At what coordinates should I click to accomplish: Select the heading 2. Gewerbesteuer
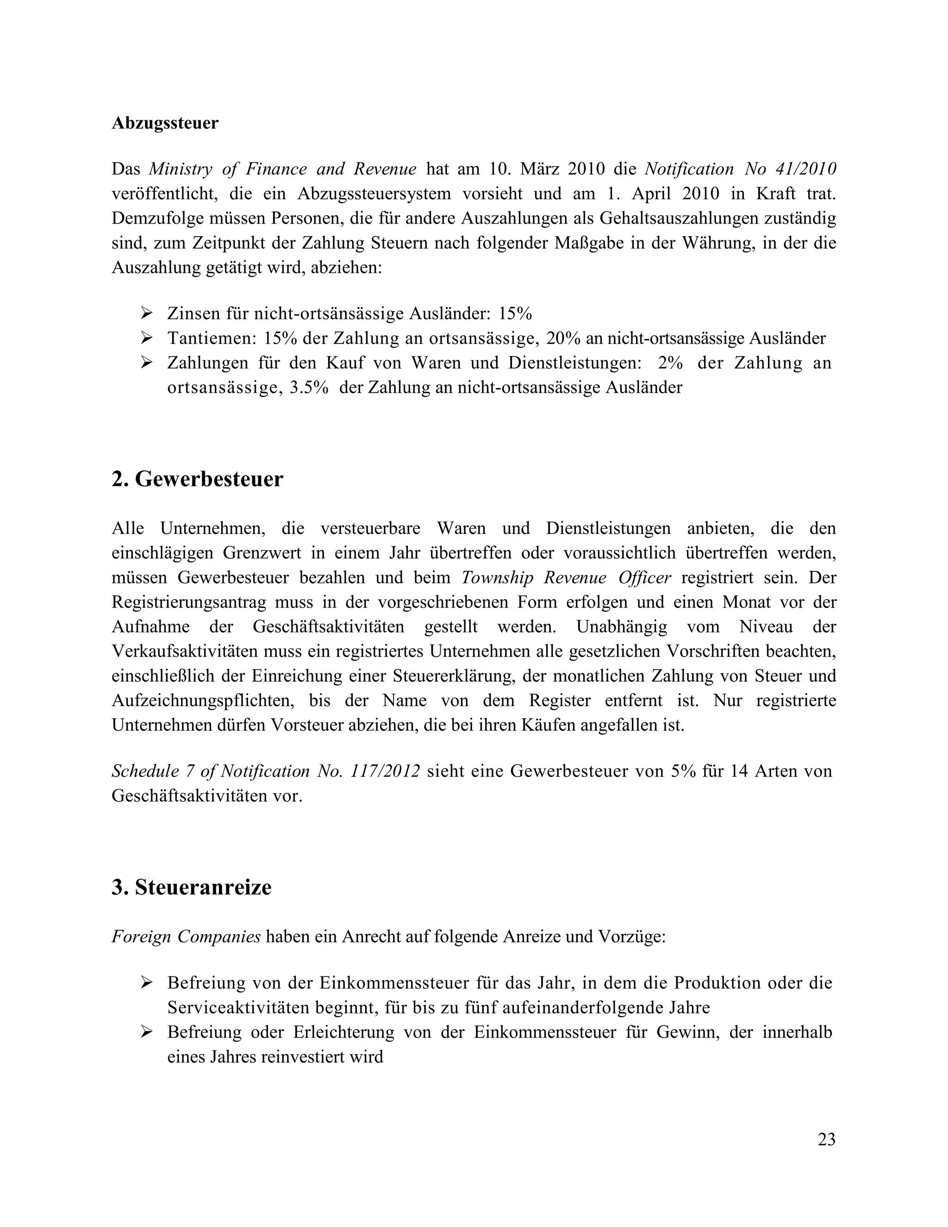tap(197, 479)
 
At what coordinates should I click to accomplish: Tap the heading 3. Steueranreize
tap(191, 887)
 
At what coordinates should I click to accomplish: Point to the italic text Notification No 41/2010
tap(740, 169)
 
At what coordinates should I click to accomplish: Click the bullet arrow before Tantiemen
tap(147, 338)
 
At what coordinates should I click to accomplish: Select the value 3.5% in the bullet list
tap(308, 387)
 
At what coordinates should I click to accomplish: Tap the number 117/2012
tap(385, 771)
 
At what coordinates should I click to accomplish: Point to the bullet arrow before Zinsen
tap(147, 313)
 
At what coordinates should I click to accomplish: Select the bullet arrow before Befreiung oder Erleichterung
tap(147, 1032)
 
